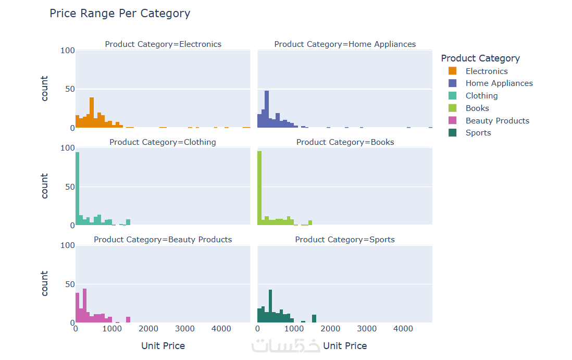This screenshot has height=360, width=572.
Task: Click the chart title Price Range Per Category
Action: [x=120, y=14]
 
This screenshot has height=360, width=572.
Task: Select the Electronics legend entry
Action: [x=486, y=71]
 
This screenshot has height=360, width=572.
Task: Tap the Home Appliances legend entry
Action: [x=499, y=83]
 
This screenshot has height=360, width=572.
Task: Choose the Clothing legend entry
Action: [x=481, y=96]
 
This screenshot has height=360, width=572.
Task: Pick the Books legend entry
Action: [x=477, y=108]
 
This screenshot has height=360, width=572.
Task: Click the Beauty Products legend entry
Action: [x=497, y=121]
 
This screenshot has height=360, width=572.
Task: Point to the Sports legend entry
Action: [x=478, y=133]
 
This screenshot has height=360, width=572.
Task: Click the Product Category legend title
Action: [x=480, y=58]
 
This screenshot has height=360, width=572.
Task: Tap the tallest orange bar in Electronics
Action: [x=92, y=113]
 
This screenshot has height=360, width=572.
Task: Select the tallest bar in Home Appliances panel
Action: [x=267, y=109]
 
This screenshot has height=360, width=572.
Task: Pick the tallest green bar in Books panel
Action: [x=259, y=188]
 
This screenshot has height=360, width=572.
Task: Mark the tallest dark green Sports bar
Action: [x=270, y=306]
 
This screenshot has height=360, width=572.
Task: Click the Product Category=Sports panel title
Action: [x=345, y=240]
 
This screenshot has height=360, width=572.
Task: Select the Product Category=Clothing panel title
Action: [x=163, y=142]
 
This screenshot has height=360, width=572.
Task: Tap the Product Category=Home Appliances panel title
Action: [x=345, y=44]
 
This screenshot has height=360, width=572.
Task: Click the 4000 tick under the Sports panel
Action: [x=403, y=329]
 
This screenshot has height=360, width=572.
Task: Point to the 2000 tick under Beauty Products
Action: [x=148, y=329]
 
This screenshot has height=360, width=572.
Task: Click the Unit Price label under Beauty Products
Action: [x=163, y=346]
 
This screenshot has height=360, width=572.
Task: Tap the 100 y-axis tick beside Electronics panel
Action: [x=68, y=51]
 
